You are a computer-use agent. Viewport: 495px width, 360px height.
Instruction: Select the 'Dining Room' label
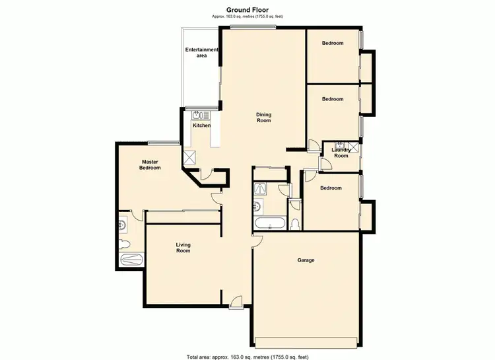pyautogui.click(x=264, y=118)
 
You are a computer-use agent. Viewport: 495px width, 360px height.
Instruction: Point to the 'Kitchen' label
pyautogui.click(x=201, y=125)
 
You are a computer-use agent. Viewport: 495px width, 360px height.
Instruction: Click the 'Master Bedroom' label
pyautogui.click(x=150, y=164)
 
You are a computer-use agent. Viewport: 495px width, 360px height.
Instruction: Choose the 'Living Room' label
pyautogui.click(x=183, y=248)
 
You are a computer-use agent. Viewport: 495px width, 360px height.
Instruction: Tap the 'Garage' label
pyautogui.click(x=306, y=260)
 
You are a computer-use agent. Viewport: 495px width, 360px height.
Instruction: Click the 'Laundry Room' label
pyautogui.click(x=341, y=153)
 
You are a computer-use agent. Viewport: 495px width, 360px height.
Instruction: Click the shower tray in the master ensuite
pyautogui.click(x=131, y=260)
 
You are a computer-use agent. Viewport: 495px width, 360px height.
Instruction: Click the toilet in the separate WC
pyautogui.click(x=295, y=223)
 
